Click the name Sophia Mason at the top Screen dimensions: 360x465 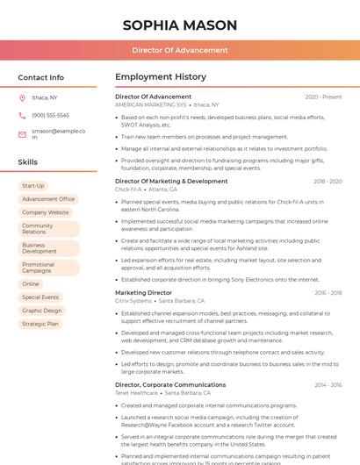pyautogui.click(x=180, y=24)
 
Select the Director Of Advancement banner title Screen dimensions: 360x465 pyautogui.click(x=180, y=50)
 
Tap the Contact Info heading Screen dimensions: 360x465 pyautogui.click(x=41, y=77)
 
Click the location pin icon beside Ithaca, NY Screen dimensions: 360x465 pyautogui.click(x=22, y=97)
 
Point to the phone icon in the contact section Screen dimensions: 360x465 pyautogui.click(x=22, y=115)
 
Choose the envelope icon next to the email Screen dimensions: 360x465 pyautogui.click(x=22, y=134)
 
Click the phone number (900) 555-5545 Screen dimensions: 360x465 pyautogui.click(x=50, y=115)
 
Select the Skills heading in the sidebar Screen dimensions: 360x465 pyautogui.click(x=28, y=162)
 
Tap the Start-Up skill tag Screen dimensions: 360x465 pyautogui.click(x=32, y=186)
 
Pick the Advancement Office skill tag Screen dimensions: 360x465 pyautogui.click(x=48, y=199)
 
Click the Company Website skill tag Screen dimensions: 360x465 pyautogui.click(x=45, y=212)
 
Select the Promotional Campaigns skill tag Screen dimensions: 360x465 pyautogui.click(x=40, y=268)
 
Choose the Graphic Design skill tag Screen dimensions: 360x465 pyautogui.click(x=42, y=310)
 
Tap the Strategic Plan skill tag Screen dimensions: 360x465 pyautogui.click(x=40, y=324)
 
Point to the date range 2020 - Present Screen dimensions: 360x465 pyautogui.click(x=323, y=97)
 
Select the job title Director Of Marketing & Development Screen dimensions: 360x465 pyautogui.click(x=171, y=181)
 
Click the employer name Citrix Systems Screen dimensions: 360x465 pyautogui.click(x=134, y=301)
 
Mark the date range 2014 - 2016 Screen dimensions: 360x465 pyautogui.click(x=328, y=384)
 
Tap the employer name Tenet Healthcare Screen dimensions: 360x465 pyautogui.click(x=137, y=393)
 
